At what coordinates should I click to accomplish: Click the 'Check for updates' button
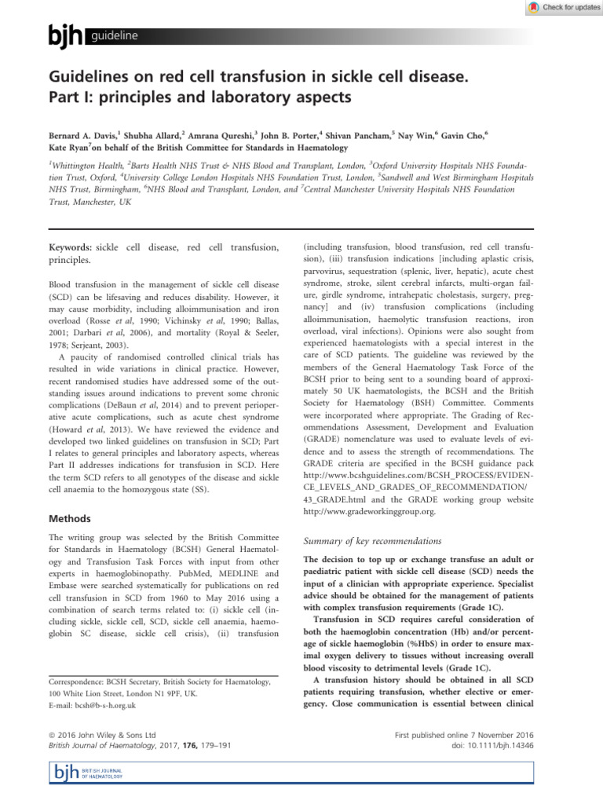click(559, 7)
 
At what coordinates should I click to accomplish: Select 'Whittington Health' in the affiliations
click(90, 167)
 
